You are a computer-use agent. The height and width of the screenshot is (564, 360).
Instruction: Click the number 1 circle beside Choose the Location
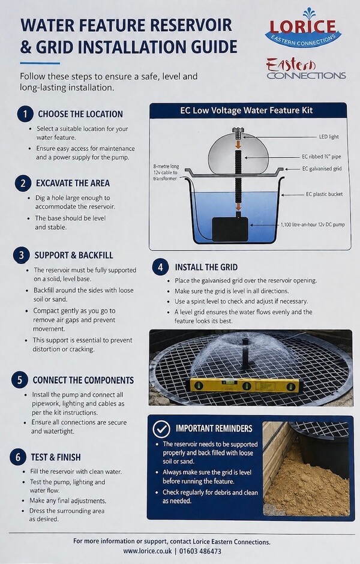(25, 115)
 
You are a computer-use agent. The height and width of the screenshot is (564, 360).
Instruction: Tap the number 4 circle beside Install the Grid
(160, 267)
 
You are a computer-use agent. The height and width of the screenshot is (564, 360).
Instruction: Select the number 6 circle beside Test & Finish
(18, 457)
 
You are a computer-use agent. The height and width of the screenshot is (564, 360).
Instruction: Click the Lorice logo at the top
(304, 28)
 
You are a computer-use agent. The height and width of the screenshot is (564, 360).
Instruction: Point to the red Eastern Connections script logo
(306, 68)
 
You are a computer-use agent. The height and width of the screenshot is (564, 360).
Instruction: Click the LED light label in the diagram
(329, 137)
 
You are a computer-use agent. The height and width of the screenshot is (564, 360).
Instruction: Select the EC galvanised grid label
(322, 169)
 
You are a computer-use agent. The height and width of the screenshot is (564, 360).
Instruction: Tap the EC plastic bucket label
(324, 194)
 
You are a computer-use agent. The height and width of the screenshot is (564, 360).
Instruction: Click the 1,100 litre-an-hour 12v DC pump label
(313, 225)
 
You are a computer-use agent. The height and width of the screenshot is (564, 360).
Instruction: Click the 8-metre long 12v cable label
(166, 173)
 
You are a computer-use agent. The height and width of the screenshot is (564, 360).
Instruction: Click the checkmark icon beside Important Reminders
(161, 428)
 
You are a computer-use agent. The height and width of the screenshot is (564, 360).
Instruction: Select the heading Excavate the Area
(73, 184)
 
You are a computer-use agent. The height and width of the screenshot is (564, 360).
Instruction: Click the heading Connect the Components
(83, 380)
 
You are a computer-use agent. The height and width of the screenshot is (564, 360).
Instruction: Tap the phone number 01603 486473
(200, 551)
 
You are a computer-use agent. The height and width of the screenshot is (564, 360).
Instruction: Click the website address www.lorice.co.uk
(148, 551)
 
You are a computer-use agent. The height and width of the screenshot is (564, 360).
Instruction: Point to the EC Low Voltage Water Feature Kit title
(247, 110)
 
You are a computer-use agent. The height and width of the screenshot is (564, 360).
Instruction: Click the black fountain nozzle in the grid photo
(245, 353)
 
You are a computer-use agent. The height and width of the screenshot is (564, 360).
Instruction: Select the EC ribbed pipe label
(322, 157)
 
